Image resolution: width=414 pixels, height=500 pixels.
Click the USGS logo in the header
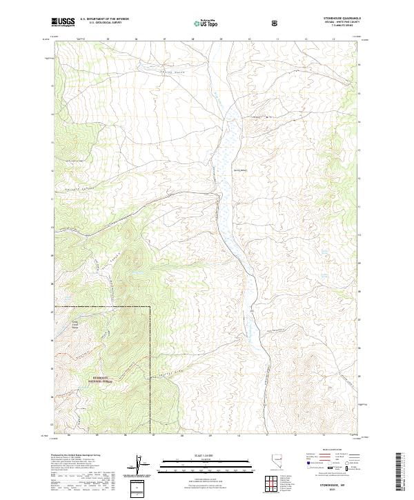[x=63, y=22]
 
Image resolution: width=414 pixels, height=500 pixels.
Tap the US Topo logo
[x=206, y=23]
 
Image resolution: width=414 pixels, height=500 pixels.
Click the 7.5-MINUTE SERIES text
[x=336, y=27]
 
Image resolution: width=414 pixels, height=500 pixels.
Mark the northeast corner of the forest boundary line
[x=150, y=306]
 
